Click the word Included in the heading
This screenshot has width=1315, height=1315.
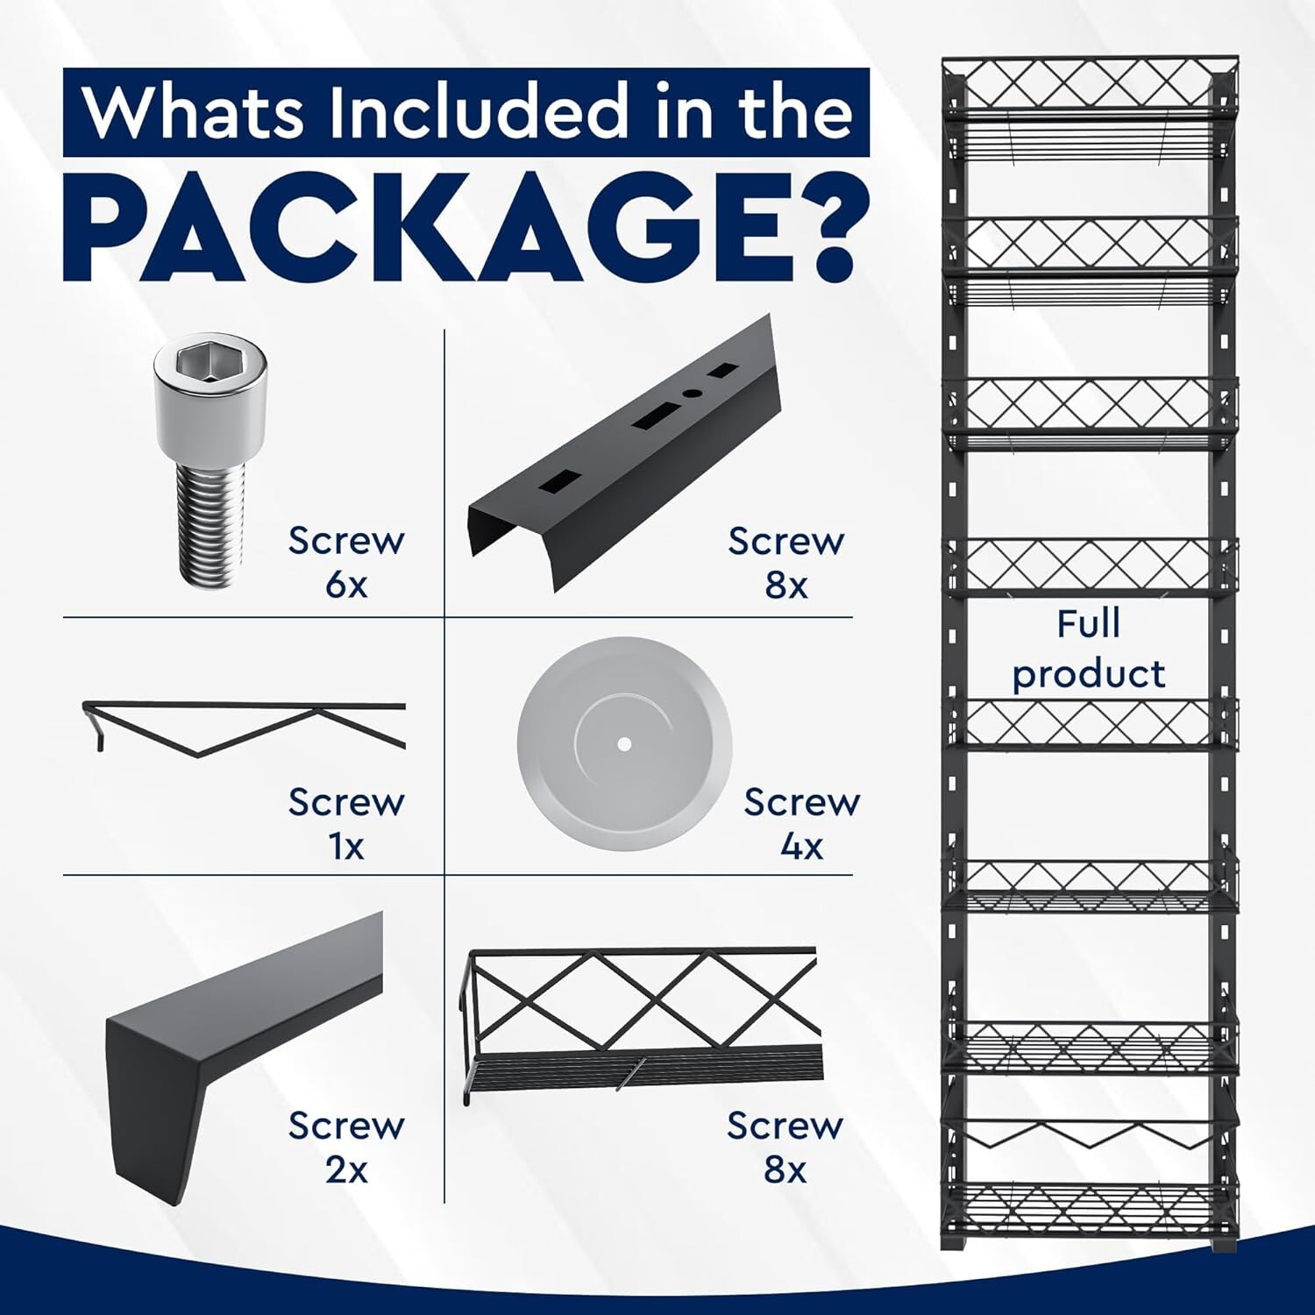click(478, 111)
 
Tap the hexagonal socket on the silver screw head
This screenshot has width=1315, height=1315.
click(210, 363)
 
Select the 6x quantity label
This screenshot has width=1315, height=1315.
click(347, 585)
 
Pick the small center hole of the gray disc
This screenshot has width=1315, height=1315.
click(624, 744)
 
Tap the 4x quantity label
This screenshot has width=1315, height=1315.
click(801, 847)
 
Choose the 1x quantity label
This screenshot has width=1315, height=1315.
click(346, 847)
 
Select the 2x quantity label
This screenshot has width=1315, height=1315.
click(347, 1169)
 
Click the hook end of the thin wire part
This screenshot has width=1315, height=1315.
click(95, 728)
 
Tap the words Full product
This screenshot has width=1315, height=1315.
click(1089, 649)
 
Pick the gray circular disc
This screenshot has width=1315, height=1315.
click(624, 743)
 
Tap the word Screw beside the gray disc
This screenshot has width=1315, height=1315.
click(802, 802)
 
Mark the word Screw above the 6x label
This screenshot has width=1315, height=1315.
click(346, 541)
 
